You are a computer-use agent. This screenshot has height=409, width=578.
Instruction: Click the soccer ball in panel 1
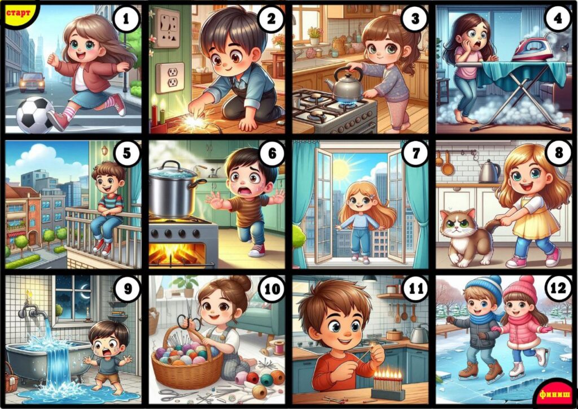[36, 115]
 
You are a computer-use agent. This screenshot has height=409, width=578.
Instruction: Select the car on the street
[32, 82]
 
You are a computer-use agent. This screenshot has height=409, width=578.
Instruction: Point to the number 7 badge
[415, 153]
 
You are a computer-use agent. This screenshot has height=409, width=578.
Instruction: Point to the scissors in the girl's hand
[189, 316]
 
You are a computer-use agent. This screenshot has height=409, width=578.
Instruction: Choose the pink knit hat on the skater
[521, 288]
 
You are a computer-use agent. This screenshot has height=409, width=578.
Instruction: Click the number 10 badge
[273, 289]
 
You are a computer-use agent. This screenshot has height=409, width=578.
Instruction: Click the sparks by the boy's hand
[194, 120]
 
